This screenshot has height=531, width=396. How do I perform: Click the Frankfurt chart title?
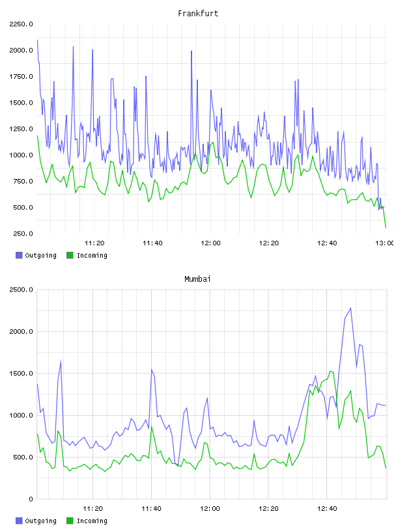198,14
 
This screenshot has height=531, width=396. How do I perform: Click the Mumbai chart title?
197,279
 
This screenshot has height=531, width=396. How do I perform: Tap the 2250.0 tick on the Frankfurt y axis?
21,24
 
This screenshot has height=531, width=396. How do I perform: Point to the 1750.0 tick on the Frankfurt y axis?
21,77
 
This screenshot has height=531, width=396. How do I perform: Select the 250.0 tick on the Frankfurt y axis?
23,234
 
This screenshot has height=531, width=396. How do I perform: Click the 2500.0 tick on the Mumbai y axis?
21,290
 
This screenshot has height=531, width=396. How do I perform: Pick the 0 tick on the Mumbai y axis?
31,499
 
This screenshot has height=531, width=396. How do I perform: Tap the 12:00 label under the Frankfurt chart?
210,243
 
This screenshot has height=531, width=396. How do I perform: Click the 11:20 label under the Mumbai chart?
92,509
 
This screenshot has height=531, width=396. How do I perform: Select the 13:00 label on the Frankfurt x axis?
385,243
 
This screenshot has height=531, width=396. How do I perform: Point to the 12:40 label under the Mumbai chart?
327,509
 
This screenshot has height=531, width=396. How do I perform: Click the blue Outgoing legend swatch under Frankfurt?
19,255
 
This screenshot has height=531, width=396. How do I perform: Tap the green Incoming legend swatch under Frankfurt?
70,255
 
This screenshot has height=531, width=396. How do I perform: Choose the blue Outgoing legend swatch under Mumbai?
19,521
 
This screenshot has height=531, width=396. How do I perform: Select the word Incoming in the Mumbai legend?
92,521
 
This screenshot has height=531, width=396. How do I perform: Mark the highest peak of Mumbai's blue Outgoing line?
350,308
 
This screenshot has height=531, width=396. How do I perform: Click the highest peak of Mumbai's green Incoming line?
331,371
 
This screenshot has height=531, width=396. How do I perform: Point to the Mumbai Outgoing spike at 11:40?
152,370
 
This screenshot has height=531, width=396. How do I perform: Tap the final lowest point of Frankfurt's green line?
386,228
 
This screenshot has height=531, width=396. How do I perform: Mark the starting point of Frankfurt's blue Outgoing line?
37,40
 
